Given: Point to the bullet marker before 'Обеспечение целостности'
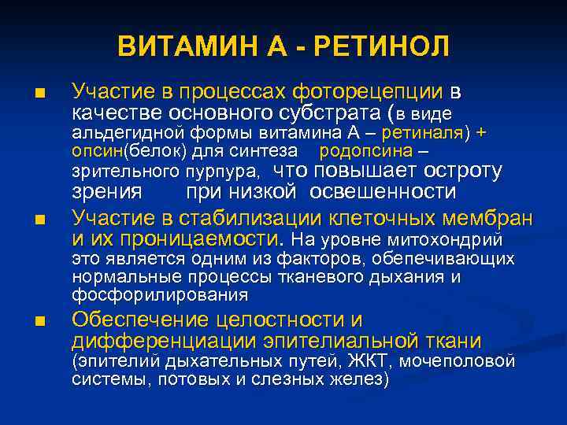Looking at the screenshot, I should [39, 321].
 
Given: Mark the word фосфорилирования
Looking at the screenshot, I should [160, 295].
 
